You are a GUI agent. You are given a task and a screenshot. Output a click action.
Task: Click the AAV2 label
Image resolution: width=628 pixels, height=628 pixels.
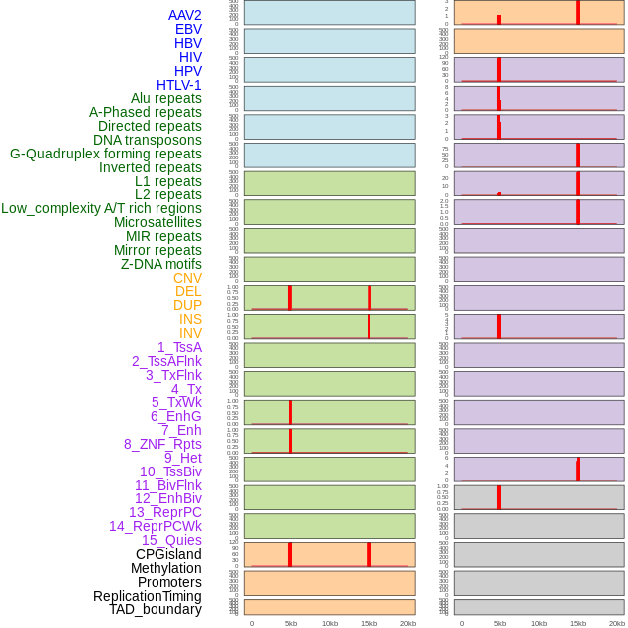click(x=184, y=15)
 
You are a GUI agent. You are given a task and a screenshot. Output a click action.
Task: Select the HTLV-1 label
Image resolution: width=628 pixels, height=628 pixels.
click(x=178, y=85)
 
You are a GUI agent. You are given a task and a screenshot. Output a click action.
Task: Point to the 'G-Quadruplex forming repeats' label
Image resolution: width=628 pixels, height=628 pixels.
click(x=106, y=154)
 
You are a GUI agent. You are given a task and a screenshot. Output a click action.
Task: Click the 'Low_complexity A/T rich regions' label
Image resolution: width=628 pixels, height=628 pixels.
click(x=102, y=208)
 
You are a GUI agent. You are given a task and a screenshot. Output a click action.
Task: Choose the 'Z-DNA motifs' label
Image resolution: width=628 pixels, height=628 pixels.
click(x=161, y=264)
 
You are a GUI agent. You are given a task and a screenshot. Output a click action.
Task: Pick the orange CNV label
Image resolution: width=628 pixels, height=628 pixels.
click(x=187, y=278)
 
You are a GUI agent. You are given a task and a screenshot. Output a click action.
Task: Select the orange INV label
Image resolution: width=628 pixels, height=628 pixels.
click(x=190, y=333)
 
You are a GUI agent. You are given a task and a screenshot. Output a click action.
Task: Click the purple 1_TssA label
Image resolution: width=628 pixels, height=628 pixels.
click(x=179, y=347)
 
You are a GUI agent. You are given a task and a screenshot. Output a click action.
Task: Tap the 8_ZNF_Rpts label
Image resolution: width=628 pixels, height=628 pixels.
click(x=162, y=444)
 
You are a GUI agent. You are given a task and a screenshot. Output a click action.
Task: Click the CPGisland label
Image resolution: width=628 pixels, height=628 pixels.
click(x=168, y=554)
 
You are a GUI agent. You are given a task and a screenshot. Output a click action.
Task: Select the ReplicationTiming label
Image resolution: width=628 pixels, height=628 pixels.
click(x=147, y=596)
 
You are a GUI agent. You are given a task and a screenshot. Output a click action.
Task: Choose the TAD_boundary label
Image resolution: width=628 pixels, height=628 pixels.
click(x=156, y=609)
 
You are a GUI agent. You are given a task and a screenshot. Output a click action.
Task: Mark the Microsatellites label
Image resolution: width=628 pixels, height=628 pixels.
click(x=157, y=222)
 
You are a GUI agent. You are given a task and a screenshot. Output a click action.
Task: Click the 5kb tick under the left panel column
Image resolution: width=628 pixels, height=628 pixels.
click(x=291, y=623)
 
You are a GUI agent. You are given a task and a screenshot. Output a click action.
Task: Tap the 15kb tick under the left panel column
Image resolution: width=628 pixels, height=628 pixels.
click(x=369, y=623)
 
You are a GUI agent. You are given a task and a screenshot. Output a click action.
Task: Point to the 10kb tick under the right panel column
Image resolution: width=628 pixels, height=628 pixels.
click(x=539, y=623)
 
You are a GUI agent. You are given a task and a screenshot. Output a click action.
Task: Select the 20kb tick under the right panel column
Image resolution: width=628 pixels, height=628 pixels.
click(x=617, y=623)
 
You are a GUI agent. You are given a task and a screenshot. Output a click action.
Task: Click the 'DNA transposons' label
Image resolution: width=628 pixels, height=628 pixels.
click(x=148, y=140)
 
